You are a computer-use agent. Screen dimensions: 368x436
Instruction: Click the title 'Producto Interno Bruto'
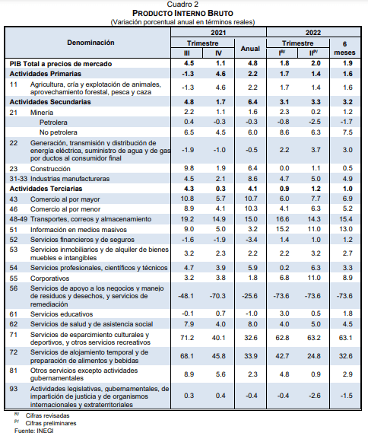(182, 13)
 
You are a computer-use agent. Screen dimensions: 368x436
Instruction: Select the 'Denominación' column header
(90, 43)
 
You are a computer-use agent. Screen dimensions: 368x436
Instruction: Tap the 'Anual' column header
(250, 49)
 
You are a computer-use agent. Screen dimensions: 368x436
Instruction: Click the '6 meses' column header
(344, 48)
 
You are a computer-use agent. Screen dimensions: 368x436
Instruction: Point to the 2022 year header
(313, 33)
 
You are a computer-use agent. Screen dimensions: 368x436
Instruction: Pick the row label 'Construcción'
(50, 169)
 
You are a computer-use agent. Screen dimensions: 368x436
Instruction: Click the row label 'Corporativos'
(49, 278)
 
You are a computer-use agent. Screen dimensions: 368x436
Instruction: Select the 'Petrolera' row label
(53, 123)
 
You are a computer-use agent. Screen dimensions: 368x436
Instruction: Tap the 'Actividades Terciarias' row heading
(46, 189)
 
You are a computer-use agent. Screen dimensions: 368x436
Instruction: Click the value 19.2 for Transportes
(187, 219)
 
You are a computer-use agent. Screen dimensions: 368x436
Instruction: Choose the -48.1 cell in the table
(186, 296)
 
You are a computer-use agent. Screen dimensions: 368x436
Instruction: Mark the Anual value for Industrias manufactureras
(252, 179)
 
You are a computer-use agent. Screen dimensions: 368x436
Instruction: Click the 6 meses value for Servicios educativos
(347, 313)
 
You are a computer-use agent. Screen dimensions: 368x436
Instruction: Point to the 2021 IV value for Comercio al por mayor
(220, 199)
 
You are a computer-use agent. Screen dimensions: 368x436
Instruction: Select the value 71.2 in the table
(187, 338)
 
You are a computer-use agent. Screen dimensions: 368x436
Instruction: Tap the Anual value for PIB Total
(252, 63)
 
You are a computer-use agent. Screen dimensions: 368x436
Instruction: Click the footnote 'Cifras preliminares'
(51, 423)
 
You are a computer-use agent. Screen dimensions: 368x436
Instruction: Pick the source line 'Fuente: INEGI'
(34, 431)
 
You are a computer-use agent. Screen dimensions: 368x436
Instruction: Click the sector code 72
(14, 352)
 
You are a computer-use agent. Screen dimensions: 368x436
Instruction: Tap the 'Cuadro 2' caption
(182, 4)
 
